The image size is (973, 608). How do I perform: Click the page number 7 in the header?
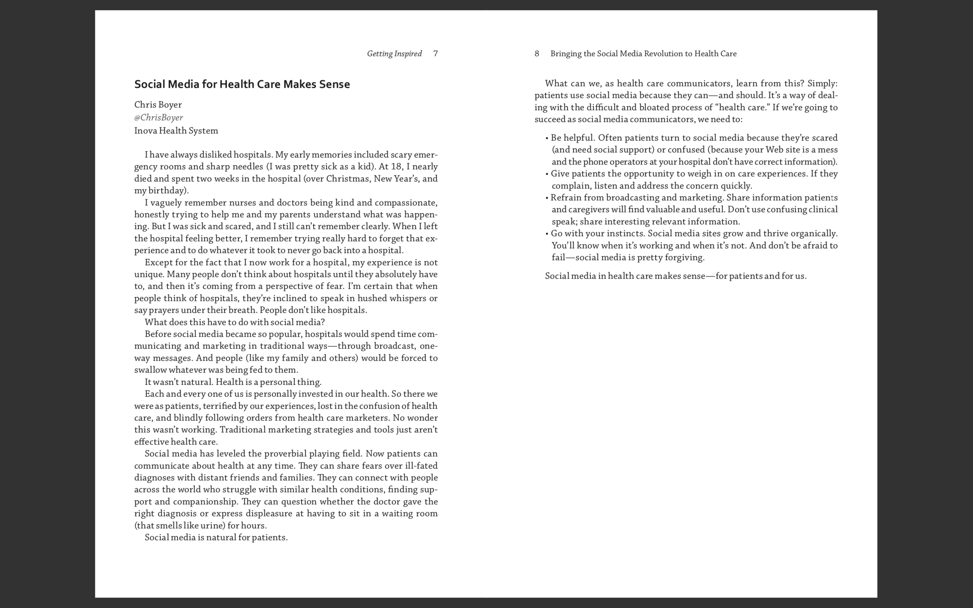(435, 53)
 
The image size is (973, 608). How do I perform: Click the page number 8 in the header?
(537, 53)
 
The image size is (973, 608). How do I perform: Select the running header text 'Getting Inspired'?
(394, 53)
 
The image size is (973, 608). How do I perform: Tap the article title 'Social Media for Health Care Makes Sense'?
(242, 84)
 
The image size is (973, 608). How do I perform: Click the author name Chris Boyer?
(158, 105)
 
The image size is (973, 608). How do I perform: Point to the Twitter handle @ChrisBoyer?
(158, 118)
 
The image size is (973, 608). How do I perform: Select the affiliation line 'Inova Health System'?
(176, 131)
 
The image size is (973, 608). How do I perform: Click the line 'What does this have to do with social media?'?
(234, 322)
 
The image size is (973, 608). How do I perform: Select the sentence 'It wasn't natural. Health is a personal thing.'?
(233, 382)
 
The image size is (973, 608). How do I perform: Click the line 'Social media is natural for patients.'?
(216, 537)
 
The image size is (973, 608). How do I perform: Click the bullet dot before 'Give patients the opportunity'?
(547, 174)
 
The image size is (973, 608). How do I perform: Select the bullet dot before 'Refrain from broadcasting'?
(547, 198)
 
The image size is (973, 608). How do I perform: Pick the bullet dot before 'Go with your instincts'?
(547, 234)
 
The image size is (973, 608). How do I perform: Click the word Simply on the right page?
(821, 84)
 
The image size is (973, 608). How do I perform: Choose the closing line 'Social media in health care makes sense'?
(675, 276)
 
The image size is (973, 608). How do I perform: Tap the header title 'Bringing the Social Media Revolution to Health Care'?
(643, 53)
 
